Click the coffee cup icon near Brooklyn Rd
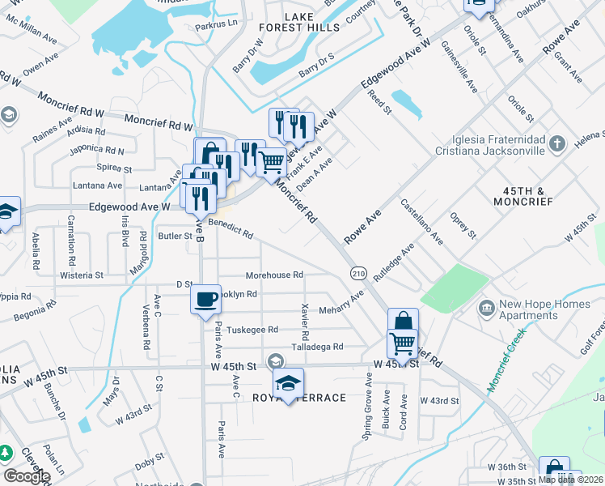[x=205, y=299]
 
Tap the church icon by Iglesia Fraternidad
[x=556, y=145]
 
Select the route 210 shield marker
[x=357, y=274]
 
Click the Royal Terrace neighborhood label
[x=299, y=398]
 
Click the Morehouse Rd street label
[x=274, y=275]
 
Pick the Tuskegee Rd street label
[x=252, y=330]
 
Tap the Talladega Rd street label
[x=316, y=347]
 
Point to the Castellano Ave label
[x=421, y=222]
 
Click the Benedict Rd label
[x=231, y=228]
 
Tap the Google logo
[x=27, y=476]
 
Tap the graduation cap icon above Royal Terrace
[x=287, y=382]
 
